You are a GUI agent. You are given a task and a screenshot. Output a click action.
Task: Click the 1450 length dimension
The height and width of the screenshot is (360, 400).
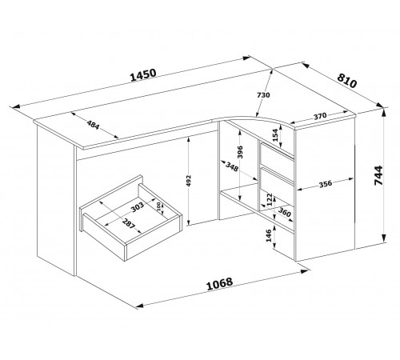pyautogui.click(x=143, y=75)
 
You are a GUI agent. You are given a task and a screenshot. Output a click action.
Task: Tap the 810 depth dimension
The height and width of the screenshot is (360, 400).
pyautogui.click(x=346, y=80)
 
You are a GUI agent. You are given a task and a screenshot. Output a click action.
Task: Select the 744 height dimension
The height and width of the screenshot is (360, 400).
pyautogui.click(x=378, y=175)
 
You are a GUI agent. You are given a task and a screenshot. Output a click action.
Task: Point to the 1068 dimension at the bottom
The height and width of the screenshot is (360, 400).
pyautogui.click(x=220, y=284)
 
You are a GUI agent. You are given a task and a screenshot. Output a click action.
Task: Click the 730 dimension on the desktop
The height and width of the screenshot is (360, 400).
pyautogui.click(x=263, y=95)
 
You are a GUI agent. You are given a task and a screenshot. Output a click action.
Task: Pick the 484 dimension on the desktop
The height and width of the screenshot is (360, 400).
pyautogui.click(x=93, y=125)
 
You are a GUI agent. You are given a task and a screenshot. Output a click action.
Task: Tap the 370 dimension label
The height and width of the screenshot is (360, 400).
pyautogui.click(x=320, y=116)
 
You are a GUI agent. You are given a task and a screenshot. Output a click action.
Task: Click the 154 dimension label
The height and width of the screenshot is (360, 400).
pyautogui.click(x=275, y=134)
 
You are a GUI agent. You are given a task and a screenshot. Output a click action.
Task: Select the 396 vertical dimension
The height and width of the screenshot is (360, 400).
pyautogui.click(x=240, y=152)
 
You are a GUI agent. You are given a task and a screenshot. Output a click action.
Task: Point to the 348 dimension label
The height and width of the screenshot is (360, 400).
pyautogui.click(x=232, y=166)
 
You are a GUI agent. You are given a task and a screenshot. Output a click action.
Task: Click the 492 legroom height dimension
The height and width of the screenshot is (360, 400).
pyautogui.click(x=189, y=182)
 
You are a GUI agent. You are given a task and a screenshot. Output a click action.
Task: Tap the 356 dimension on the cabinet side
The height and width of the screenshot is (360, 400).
pyautogui.click(x=326, y=184)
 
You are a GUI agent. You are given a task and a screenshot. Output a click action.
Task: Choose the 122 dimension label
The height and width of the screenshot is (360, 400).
pyautogui.click(x=270, y=199)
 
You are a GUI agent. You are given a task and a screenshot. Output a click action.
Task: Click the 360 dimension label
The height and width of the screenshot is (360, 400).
pyautogui.click(x=284, y=212)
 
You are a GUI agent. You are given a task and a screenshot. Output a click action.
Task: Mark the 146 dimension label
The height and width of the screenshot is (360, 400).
pyautogui.click(x=269, y=235)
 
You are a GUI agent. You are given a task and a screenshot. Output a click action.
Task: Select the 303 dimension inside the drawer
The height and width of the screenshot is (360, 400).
pyautogui.click(x=138, y=207)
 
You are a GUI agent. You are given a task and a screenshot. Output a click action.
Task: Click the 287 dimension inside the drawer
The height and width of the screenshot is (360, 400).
pyautogui.click(x=129, y=223)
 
